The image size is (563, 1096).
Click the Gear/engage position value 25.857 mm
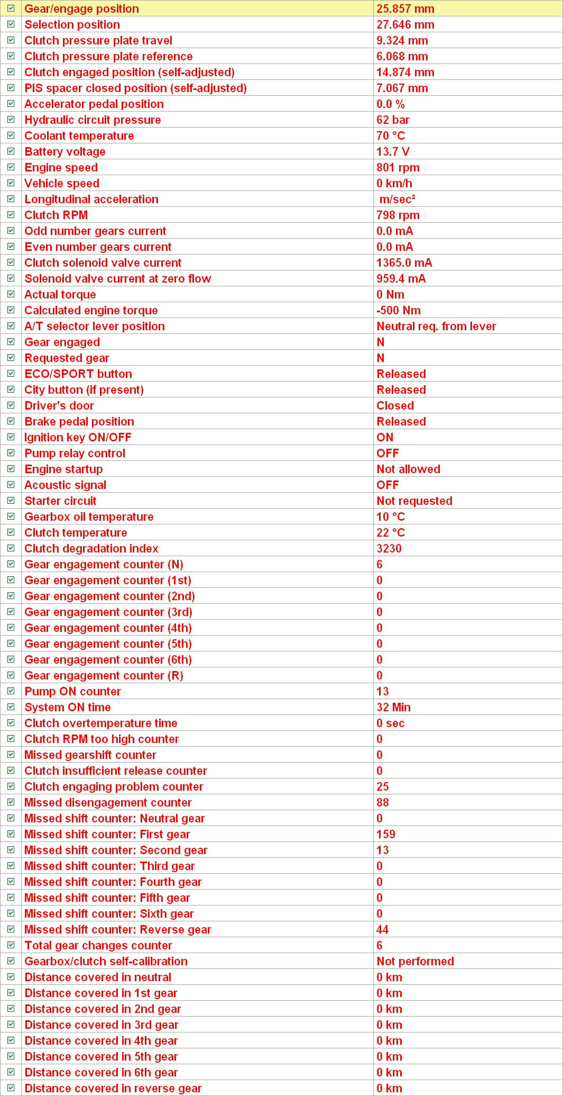[x=405, y=9]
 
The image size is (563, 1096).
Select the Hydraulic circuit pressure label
[x=93, y=120]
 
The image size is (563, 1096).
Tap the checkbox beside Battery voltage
[x=11, y=151]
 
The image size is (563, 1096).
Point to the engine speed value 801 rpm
[x=398, y=168]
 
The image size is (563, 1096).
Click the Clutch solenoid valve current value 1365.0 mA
[x=404, y=263]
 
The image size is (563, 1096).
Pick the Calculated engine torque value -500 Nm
[x=398, y=311]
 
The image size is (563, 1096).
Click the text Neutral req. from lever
[x=436, y=327]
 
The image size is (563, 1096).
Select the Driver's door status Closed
[x=395, y=406]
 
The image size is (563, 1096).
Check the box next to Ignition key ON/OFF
[x=11, y=437]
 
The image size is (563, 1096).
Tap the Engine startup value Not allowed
[x=408, y=469]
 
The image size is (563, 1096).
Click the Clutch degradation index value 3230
[x=389, y=549]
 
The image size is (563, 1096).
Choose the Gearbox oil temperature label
[x=89, y=517]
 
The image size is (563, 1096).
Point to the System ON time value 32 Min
[x=393, y=708]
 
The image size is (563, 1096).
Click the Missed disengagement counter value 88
[x=382, y=803]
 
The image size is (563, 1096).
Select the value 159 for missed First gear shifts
[x=385, y=835]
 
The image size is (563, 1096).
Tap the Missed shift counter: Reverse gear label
[x=117, y=930]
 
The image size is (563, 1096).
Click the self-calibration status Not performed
[x=415, y=962]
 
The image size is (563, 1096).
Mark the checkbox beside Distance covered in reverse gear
[x=11, y=1088]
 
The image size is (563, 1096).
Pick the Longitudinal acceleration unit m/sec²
[x=397, y=200]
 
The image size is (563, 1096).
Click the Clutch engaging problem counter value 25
[x=382, y=787]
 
